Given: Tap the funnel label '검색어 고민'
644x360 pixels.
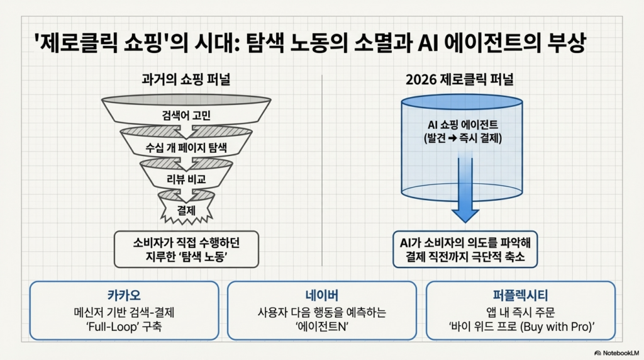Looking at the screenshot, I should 187,115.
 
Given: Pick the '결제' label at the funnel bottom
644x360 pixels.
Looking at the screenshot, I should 187,208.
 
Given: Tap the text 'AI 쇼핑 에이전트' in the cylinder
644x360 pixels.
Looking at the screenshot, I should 462,125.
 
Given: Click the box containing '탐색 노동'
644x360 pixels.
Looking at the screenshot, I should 187,249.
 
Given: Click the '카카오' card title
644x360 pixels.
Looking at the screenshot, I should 124,295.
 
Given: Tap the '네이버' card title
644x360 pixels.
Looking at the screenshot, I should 321,295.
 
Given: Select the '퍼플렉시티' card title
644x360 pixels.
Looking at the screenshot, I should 520,295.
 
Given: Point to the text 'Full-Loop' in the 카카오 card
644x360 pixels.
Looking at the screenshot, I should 107,327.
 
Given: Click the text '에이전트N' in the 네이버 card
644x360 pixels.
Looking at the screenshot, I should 322,327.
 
